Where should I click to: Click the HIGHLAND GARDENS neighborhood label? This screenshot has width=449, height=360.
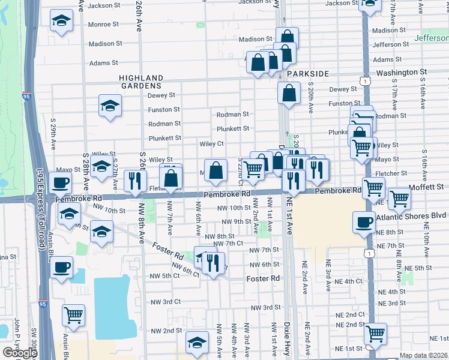click(141, 82)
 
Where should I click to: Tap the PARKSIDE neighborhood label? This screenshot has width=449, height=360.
click(308, 73)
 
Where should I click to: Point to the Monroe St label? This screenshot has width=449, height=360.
click(104, 25)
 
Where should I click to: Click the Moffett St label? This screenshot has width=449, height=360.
click(427, 187)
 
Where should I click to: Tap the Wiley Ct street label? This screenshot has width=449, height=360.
click(211, 144)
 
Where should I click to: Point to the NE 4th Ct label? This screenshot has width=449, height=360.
click(349, 281)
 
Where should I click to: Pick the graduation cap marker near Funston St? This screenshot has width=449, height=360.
click(110, 106)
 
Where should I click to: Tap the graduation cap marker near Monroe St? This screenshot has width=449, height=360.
click(60, 21)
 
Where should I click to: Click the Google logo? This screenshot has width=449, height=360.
click(20, 353)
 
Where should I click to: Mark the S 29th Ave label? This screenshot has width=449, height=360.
click(53, 138)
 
